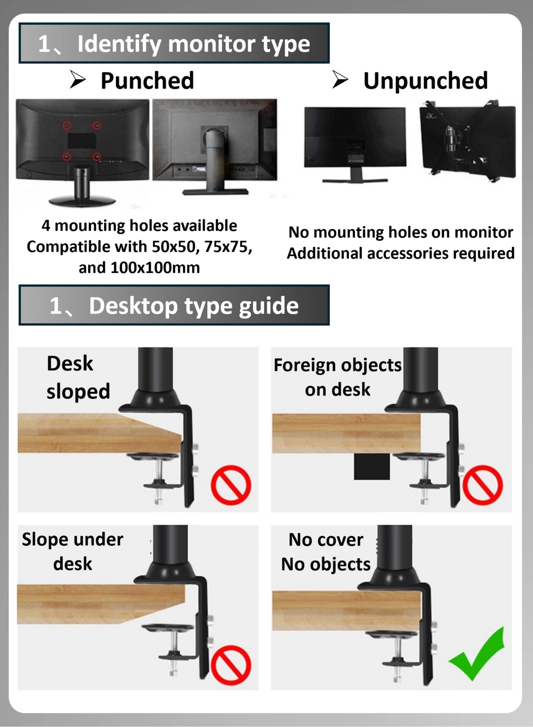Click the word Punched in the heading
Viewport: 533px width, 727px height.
pyautogui.click(x=147, y=81)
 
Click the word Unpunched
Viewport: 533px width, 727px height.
pyautogui.click(x=425, y=81)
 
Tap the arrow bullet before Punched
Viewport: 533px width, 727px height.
pyautogui.click(x=78, y=80)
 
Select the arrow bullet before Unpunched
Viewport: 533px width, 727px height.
pyautogui.click(x=340, y=80)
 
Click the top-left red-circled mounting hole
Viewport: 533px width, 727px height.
pyautogui.click(x=67, y=125)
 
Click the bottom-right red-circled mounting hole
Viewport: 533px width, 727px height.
pyautogui.click(x=97, y=156)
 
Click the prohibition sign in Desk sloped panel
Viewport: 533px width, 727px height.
pyautogui.click(x=231, y=485)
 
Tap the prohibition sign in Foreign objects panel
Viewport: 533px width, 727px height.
pyautogui.click(x=482, y=485)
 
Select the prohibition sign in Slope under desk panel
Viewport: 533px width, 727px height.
pyautogui.click(x=231, y=665)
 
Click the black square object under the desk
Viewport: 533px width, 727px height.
pyautogui.click(x=372, y=466)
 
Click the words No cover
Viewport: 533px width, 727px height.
pyautogui.click(x=326, y=540)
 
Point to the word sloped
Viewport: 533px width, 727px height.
pyautogui.click(x=78, y=391)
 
